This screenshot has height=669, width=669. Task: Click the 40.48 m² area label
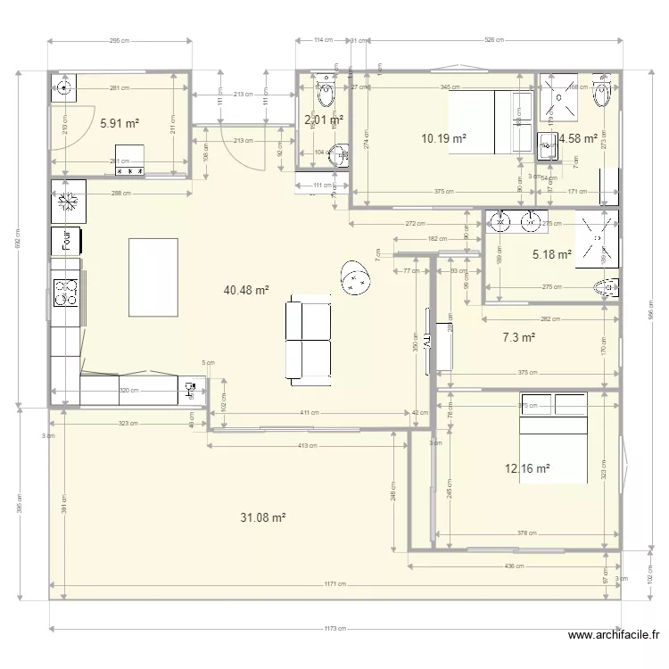click(x=247, y=290)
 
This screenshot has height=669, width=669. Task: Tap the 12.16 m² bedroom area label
click(x=527, y=467)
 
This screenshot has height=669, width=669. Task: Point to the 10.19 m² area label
click(x=444, y=138)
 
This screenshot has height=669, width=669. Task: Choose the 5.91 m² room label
click(x=119, y=124)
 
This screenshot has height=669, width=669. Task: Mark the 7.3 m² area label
click(x=518, y=338)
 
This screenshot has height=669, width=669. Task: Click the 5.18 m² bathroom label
click(x=551, y=254)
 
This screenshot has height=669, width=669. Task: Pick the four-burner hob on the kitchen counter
click(x=66, y=293)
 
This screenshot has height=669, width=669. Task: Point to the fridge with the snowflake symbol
click(x=68, y=202)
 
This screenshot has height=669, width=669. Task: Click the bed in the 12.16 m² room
click(x=554, y=437)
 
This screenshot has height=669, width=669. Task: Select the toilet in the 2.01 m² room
click(x=325, y=91)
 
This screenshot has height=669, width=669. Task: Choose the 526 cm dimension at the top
click(x=493, y=40)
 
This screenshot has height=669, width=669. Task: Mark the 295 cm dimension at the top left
click(x=120, y=40)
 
